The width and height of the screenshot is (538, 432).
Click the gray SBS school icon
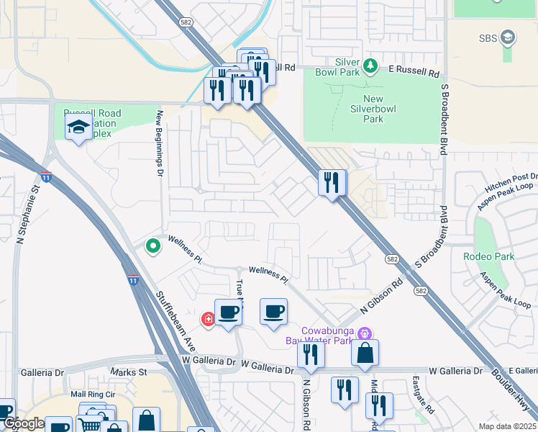pyautogui.click(x=508, y=37)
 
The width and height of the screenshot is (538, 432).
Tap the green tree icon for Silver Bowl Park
pyautogui.click(x=370, y=66)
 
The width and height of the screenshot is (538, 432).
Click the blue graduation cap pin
pyautogui.click(x=78, y=129)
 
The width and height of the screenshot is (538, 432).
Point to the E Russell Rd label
pyautogui.click(x=414, y=73)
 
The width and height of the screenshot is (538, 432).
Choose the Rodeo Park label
pyautogui.click(x=492, y=256)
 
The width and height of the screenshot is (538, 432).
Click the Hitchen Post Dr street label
pyautogui.click(x=511, y=181)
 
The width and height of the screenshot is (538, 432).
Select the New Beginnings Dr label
pyautogui.click(x=160, y=143)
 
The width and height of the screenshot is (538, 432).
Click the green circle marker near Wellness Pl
pyautogui.click(x=152, y=247)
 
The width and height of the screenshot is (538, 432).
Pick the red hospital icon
pyautogui.click(x=209, y=318)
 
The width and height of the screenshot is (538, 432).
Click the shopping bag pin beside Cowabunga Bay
pyautogui.click(x=365, y=353)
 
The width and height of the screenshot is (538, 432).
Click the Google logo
pyautogui.click(x=23, y=424)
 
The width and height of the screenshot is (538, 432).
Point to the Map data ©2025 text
pyautogui.click(x=506, y=426)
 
